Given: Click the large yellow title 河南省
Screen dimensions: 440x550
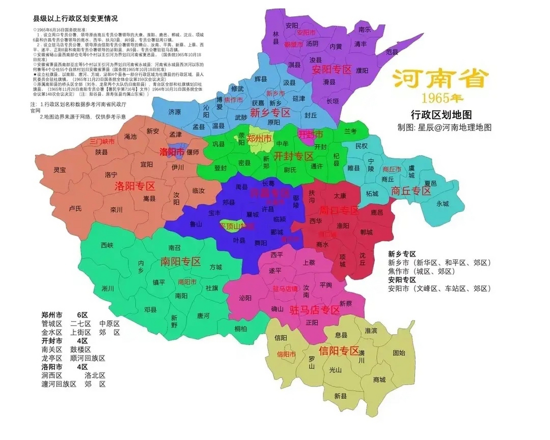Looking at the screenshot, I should [441, 79].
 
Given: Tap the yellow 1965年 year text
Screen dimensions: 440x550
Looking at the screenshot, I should [442, 99].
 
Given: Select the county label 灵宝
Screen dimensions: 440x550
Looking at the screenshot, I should [59, 170].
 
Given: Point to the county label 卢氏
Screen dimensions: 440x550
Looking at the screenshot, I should [75, 208].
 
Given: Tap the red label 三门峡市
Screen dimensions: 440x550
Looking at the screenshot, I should [102, 141].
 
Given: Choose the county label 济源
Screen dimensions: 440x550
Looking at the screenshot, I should [175, 112].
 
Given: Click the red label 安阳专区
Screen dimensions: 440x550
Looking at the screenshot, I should [331, 70].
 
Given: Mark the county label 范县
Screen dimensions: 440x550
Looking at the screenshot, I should [392, 52].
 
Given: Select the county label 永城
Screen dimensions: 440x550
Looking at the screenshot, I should [443, 203].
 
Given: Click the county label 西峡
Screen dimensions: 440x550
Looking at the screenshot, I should [107, 245].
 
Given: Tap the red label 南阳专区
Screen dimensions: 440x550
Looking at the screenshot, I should [180, 262].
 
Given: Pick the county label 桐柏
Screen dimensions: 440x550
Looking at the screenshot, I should [241, 329].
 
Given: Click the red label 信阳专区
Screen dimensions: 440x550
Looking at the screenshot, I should [339, 351].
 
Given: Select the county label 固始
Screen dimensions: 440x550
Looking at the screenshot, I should [399, 353].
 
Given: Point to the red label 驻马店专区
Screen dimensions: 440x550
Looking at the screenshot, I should [315, 310].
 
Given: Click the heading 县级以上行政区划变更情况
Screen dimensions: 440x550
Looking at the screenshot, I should [75, 18].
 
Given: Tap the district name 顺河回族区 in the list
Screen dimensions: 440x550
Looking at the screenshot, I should [88, 358].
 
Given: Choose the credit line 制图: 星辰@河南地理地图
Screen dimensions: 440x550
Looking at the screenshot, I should [444, 128].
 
